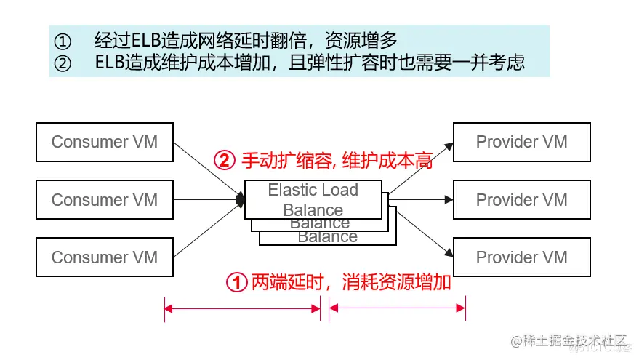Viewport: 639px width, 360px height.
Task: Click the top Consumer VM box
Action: [104, 142]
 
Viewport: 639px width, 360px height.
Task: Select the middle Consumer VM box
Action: [104, 200]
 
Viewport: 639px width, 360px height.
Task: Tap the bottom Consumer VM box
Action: [104, 257]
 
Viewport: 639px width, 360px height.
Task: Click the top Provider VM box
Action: [521, 142]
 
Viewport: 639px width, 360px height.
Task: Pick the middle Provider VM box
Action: [521, 200]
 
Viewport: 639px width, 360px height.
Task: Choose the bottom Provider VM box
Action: [521, 257]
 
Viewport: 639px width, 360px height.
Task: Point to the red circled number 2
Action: [224, 160]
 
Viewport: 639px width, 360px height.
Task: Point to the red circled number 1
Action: [237, 283]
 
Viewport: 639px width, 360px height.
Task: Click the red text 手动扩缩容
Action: [284, 160]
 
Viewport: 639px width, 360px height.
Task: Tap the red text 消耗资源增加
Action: [396, 283]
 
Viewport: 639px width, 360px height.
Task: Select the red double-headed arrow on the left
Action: [242, 309]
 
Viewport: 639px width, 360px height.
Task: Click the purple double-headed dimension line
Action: [397, 309]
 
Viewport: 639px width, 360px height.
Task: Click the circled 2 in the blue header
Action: [63, 63]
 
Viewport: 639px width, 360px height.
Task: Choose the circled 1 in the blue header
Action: [63, 39]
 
